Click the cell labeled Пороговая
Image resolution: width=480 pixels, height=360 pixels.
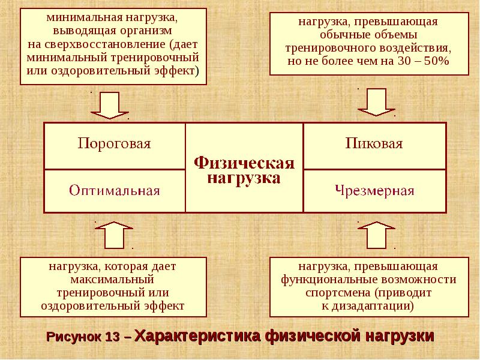pos(114,144)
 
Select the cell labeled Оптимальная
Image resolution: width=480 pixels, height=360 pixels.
pos(114,191)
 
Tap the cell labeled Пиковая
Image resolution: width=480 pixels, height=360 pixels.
pos(374,144)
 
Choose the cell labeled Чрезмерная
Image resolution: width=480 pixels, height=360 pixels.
pos(375,191)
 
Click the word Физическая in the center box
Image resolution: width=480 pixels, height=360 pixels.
pos(244,163)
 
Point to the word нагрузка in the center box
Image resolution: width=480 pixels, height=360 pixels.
pos(244,178)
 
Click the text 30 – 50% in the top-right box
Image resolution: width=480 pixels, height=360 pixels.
pos(423,62)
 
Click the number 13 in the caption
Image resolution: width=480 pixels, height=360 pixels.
pos(112,337)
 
